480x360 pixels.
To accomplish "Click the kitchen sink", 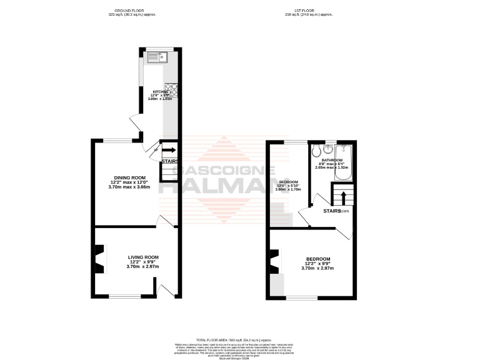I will (x=156, y=58).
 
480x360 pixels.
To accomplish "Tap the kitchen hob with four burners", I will (x=171, y=89).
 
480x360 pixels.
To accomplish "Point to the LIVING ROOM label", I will (x=143, y=257).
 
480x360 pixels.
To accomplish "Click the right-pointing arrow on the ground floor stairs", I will (x=169, y=150).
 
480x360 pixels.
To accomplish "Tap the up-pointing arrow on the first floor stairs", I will (x=343, y=199).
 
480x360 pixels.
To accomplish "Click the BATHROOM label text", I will (x=332, y=160).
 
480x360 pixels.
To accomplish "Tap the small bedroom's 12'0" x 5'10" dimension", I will (x=289, y=185).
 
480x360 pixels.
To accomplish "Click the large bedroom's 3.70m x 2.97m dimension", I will (x=318, y=268).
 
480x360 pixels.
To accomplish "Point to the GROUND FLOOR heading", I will (x=132, y=11).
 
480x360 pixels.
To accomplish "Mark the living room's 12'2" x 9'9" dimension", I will (x=143, y=262).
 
